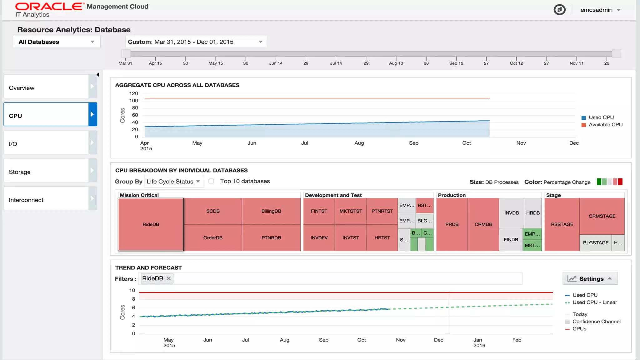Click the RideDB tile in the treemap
click(x=151, y=224)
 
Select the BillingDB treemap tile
click(x=271, y=211)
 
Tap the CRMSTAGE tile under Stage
click(x=602, y=216)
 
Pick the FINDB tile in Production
click(x=511, y=239)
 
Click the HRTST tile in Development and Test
click(x=382, y=237)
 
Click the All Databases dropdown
click(x=56, y=42)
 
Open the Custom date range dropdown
click(x=196, y=42)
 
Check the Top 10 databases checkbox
click(x=211, y=181)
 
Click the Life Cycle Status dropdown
click(x=173, y=181)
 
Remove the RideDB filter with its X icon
click(x=168, y=278)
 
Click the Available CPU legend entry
click(x=605, y=124)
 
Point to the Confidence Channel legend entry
click(x=596, y=321)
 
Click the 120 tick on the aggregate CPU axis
click(x=133, y=93)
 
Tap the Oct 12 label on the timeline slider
click(x=516, y=63)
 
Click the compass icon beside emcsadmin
click(x=559, y=10)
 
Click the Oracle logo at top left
click(x=49, y=7)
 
